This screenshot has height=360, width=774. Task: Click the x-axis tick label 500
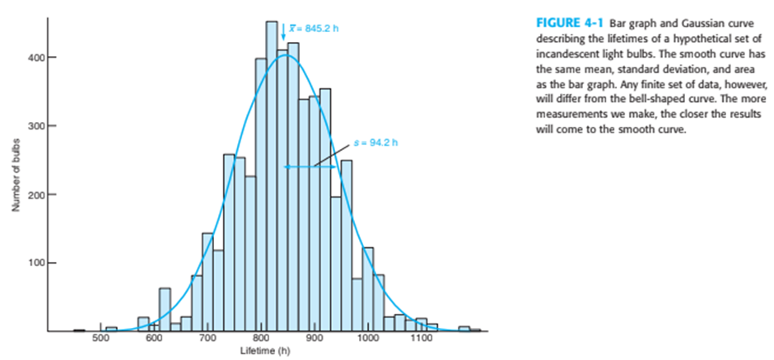coord(100,339)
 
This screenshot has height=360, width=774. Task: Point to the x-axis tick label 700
coord(207,339)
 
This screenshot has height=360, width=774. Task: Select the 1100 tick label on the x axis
coord(422,339)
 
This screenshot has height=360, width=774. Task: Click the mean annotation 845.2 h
coord(314,28)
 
